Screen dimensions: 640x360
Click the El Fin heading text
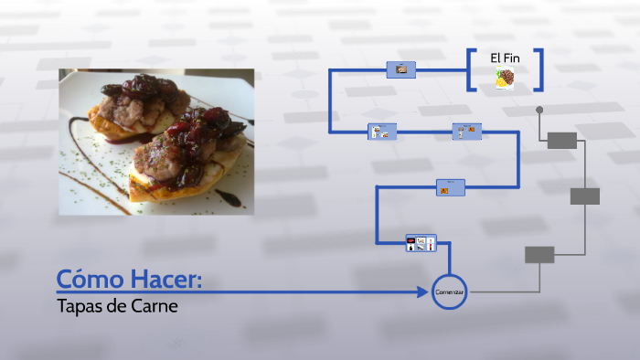click(x=505, y=58)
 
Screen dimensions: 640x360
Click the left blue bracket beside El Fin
click(x=471, y=69)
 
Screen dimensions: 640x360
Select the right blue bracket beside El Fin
click(x=539, y=69)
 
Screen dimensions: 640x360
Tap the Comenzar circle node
click(x=449, y=291)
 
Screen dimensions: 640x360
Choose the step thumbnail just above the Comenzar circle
click(x=421, y=243)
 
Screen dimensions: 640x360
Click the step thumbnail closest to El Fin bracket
click(x=400, y=69)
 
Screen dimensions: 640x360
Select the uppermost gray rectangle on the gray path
click(x=561, y=140)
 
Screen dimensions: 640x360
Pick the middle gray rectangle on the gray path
click(x=584, y=196)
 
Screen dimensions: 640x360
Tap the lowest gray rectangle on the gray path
click(x=539, y=255)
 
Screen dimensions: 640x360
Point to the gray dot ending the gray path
click(x=539, y=110)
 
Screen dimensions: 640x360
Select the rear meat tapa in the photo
click(x=133, y=105)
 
